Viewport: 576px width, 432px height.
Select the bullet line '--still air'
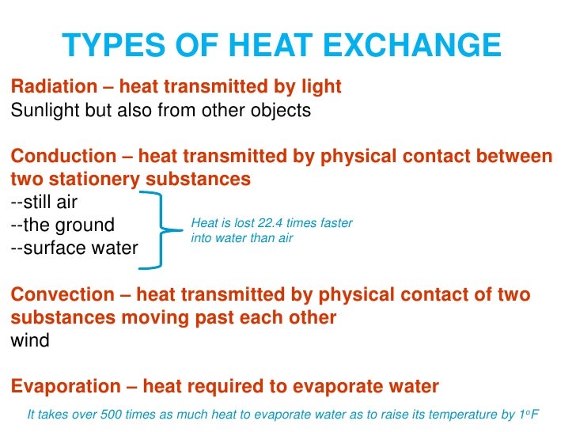[44, 202]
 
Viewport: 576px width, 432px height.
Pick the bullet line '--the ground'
[63, 225]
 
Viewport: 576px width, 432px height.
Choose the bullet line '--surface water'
[74, 248]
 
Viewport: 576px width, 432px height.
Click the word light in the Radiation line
[321, 87]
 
